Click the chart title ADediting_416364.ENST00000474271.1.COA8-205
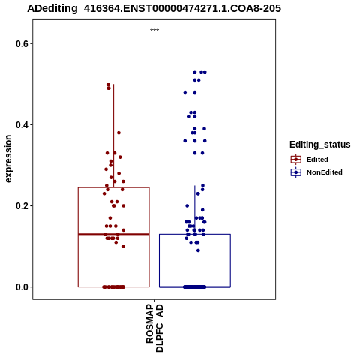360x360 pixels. pyautogui.click(x=154, y=8)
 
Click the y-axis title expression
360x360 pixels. pyautogui.click(x=8, y=159)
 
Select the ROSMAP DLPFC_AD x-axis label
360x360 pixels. pyautogui.click(x=154, y=328)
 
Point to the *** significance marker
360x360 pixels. pyautogui.click(x=154, y=31)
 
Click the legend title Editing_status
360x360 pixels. pyautogui.click(x=320, y=145)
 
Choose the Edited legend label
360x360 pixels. pyautogui.click(x=317, y=160)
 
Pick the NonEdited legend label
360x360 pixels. pyautogui.click(x=325, y=172)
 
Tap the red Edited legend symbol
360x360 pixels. pyautogui.click(x=296, y=160)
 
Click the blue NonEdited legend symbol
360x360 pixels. pyautogui.click(x=296, y=172)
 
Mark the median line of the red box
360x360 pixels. pyautogui.click(x=114, y=234)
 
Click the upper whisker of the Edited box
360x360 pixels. pyautogui.click(x=114, y=136)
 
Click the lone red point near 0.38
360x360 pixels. pyautogui.click(x=118, y=133)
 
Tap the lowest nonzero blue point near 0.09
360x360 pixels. pyautogui.click(x=198, y=250)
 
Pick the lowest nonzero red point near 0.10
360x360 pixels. pyautogui.click(x=123, y=247)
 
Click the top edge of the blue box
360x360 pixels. pyautogui.click(x=195, y=234)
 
